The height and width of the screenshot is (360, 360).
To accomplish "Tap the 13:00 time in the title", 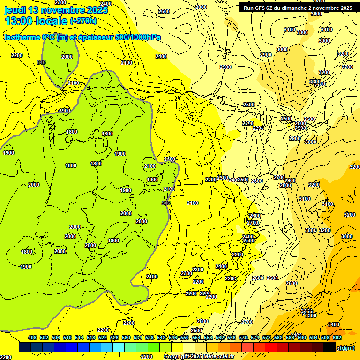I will tap(19, 21).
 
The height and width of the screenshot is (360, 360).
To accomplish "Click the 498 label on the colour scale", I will tap(32, 337).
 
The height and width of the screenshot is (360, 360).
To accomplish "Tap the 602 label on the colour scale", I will tap(337, 337).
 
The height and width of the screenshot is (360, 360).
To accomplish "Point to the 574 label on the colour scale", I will tap(255, 337).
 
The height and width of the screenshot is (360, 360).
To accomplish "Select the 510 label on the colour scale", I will tap(67, 337).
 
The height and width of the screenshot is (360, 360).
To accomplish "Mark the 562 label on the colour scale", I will tap(220, 337).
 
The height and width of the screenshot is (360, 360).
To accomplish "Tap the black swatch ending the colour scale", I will tap(329, 347).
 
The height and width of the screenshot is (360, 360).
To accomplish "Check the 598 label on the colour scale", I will tap(325, 337).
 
